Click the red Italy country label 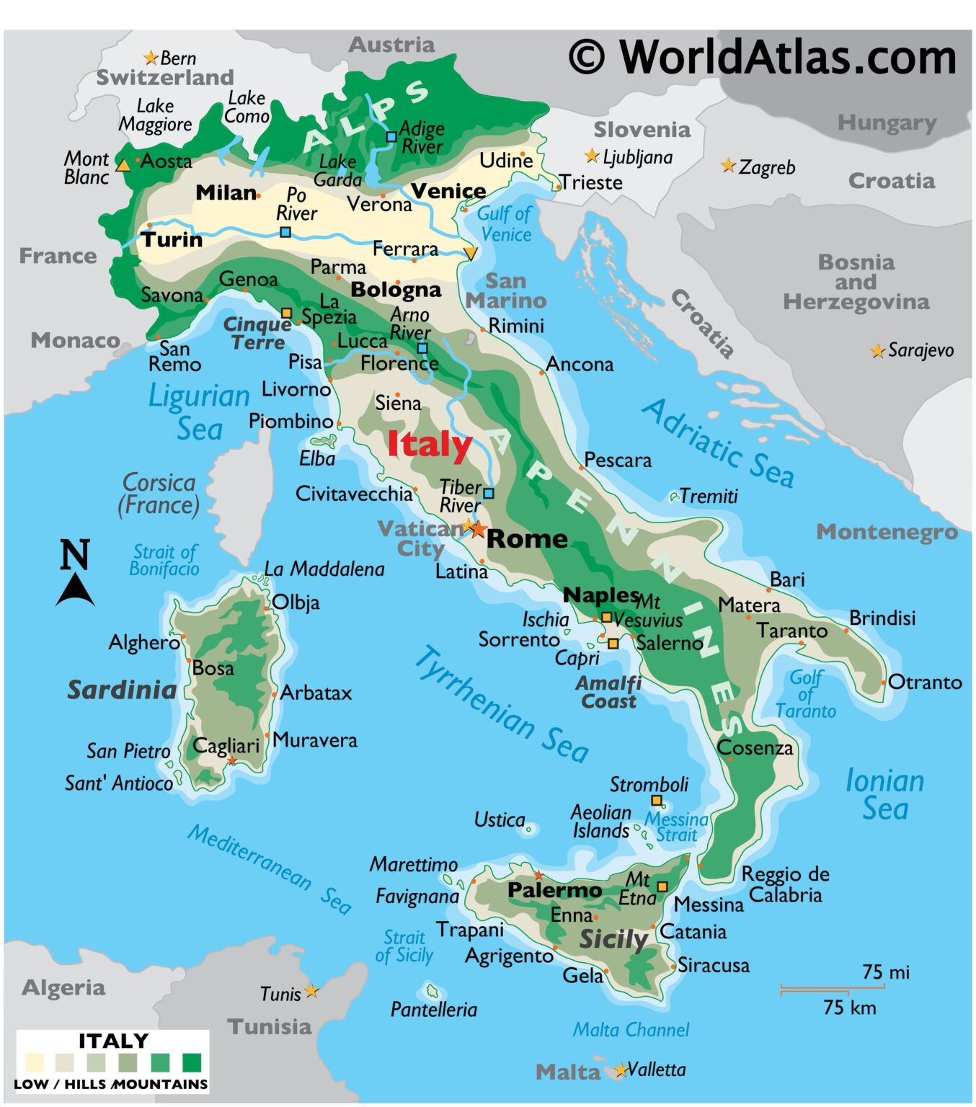click(430, 444)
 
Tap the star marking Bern click(151, 58)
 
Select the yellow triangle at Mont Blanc click(123, 165)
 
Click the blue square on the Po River click(285, 232)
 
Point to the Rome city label click(527, 539)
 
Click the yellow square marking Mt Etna click(662, 886)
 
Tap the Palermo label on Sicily click(554, 891)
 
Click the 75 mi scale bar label click(886, 972)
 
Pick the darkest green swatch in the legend click(192, 1063)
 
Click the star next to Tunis click(311, 992)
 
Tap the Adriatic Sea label click(718, 443)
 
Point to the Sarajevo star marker click(877, 351)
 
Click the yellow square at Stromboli click(657, 801)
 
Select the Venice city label click(448, 191)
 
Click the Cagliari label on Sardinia click(226, 746)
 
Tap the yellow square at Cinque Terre click(286, 313)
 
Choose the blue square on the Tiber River click(489, 494)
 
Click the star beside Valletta click(621, 1070)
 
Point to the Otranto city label click(925, 683)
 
